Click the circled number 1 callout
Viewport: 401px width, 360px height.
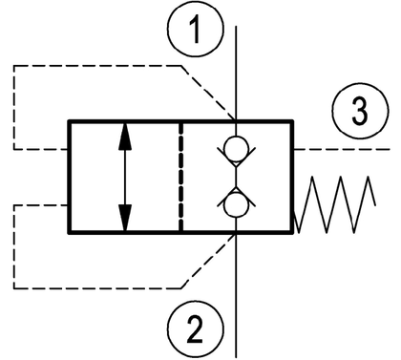196,30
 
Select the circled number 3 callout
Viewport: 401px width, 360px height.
360,112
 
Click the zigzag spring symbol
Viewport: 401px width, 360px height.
337,204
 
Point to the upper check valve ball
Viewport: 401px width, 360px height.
236,149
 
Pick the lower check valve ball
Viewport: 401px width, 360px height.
236,205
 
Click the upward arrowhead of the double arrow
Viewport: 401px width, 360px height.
125,137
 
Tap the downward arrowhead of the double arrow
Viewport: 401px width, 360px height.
125,219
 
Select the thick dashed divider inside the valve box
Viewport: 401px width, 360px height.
180,177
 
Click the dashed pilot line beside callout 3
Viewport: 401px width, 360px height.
342,149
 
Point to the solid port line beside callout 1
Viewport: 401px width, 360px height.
236,74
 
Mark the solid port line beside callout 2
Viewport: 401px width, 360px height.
236,295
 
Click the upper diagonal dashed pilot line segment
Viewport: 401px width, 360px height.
208,93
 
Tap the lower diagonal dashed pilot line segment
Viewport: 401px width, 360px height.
208,261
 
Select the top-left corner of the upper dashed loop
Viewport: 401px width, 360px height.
14,66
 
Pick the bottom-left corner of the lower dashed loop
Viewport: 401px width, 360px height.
14,288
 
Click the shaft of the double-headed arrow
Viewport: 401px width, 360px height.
125,177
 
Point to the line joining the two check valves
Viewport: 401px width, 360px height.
236,178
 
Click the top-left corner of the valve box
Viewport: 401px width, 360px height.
69,121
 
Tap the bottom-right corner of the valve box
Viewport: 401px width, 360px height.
292,233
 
